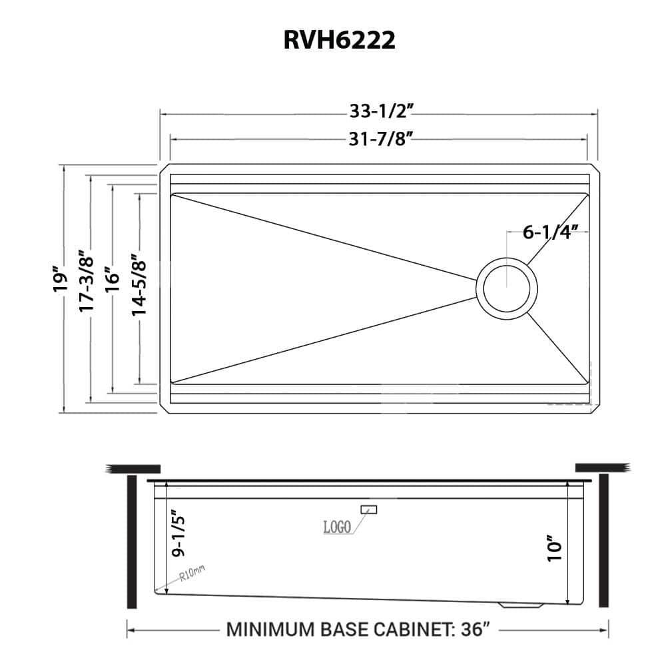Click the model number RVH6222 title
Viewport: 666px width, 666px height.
pos(340,40)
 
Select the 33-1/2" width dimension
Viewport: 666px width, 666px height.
pos(378,113)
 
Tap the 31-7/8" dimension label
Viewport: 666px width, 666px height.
pos(378,138)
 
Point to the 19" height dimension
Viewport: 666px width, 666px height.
pos(62,279)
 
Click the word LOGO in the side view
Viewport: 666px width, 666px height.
pos(337,527)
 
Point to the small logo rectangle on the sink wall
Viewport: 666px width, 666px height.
pos(368,509)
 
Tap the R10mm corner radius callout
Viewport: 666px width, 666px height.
pos(192,573)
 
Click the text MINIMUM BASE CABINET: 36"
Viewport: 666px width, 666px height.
pos(359,629)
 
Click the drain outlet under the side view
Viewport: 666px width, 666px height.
pos(520,605)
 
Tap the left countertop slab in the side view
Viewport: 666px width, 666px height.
pos(133,469)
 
